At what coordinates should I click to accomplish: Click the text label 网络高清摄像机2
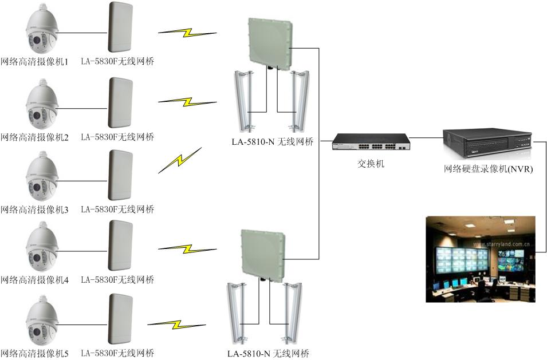click(x=34, y=137)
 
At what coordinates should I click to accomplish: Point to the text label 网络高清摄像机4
click(x=34, y=279)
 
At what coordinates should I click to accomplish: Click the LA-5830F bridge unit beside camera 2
click(x=120, y=102)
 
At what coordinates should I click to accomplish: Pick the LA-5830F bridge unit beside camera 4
click(x=120, y=246)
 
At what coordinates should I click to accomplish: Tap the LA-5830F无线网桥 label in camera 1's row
click(x=117, y=61)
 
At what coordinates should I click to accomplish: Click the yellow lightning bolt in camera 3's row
click(x=180, y=160)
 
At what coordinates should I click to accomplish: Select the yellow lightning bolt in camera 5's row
click(x=176, y=325)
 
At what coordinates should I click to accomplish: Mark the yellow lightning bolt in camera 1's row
click(x=187, y=33)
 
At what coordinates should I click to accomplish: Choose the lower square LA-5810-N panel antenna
click(x=263, y=253)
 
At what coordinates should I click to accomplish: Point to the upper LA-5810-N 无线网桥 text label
click(x=273, y=141)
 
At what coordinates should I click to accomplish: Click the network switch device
click(x=371, y=142)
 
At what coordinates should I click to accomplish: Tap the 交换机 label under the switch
click(x=371, y=164)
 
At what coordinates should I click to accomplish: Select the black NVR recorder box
click(x=487, y=143)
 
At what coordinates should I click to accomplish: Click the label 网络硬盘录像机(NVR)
click(x=489, y=169)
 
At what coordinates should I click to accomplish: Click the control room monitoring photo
click(x=481, y=259)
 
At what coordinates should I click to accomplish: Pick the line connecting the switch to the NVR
click(x=427, y=138)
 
